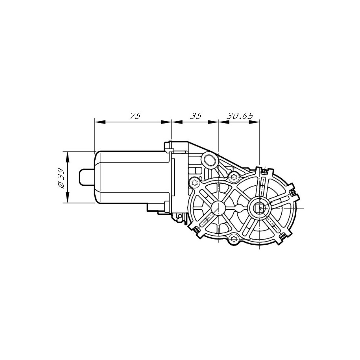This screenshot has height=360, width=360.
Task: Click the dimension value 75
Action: [x=135, y=116]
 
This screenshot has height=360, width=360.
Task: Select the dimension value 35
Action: [x=196, y=116]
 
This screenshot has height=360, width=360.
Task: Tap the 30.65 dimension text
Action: [x=240, y=116]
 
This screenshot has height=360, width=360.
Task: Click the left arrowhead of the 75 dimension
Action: [x=100, y=122]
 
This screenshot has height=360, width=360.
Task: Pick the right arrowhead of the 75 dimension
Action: [x=166, y=122]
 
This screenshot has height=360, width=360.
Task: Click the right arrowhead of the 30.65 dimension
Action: [x=254, y=122]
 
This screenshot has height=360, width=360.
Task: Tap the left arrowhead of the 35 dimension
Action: [x=177, y=122]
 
